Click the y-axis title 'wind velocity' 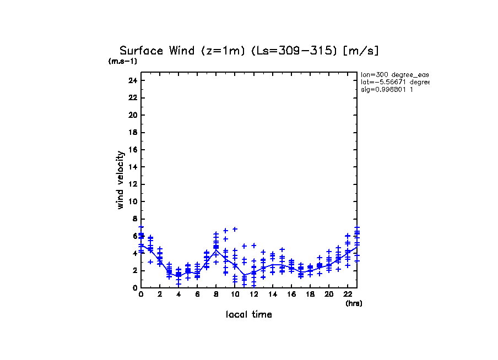[x=120, y=180]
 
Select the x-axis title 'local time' [x=249, y=314]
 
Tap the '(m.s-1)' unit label [x=122, y=61]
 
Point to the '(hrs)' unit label [x=354, y=303]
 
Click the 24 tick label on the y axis [x=132, y=80]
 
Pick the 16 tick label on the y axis [x=132, y=150]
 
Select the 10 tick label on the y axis [x=132, y=201]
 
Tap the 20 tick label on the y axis [x=132, y=115]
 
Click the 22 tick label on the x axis [x=348, y=294]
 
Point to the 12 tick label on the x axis [x=253, y=294]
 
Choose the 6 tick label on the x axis [x=197, y=294]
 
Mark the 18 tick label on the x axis [x=310, y=294]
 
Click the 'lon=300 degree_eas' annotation [x=395, y=74]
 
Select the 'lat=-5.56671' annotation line [x=395, y=81]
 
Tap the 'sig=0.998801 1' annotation [x=387, y=89]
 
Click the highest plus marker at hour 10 [x=235, y=229]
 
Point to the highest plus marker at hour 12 [x=254, y=246]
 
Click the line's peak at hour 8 [x=216, y=250]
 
